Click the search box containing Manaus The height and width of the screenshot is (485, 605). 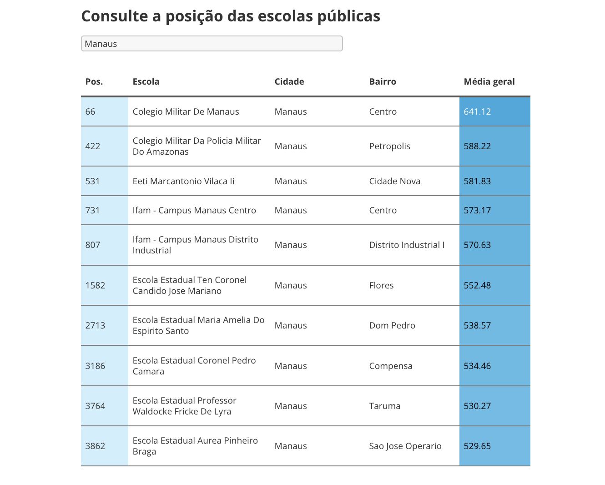212,44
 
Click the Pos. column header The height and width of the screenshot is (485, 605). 94,81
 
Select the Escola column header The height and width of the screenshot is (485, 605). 146,81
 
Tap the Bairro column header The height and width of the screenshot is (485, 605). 383,81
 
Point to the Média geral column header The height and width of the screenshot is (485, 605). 489,82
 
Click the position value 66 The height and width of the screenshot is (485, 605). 90,111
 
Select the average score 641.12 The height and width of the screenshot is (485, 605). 477,111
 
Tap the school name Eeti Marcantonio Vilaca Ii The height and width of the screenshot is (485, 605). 183,181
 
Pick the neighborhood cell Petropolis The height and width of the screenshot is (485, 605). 390,146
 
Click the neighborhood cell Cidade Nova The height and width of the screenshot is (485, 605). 395,181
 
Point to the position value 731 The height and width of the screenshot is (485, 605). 92,210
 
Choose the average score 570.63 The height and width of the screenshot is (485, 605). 477,245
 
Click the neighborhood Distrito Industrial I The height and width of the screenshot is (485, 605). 407,245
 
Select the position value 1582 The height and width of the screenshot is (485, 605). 96,285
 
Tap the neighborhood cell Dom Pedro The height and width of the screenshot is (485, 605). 392,325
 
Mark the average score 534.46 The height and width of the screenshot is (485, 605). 477,366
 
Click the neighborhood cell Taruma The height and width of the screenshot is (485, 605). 384,406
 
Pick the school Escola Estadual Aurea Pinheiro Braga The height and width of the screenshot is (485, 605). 195,446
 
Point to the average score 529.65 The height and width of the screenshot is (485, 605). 477,446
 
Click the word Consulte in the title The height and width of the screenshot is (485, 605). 115,16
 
